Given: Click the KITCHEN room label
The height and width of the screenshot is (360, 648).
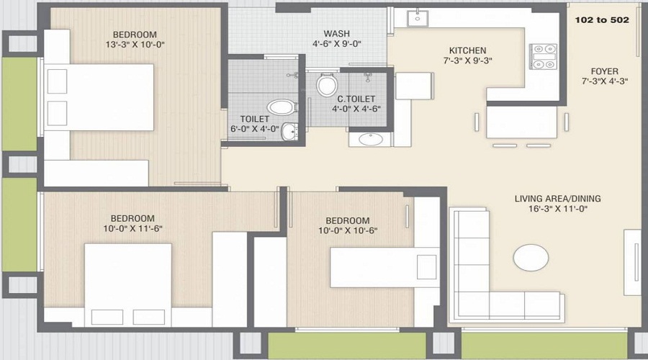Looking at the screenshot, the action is [467, 50].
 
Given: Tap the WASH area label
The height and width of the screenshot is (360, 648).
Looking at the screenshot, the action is [337, 33].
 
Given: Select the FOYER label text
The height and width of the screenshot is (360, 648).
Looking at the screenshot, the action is [605, 71].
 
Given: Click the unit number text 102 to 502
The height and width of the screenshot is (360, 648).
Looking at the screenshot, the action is [602, 20].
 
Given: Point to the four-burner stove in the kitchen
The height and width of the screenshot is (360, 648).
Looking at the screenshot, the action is [544, 56].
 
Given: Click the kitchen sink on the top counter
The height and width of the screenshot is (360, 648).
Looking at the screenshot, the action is [418, 18].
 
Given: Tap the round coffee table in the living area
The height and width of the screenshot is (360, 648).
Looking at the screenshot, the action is [531, 258].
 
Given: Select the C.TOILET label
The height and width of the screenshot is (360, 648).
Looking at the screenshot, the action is [356, 99].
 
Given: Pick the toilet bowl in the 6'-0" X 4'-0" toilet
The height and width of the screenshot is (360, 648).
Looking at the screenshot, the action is [282, 107].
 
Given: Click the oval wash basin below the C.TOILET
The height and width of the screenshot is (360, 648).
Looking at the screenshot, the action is [371, 139].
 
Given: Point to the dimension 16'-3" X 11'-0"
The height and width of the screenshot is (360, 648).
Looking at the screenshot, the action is [558, 209].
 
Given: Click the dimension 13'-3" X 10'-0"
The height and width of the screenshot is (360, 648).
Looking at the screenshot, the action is [135, 44].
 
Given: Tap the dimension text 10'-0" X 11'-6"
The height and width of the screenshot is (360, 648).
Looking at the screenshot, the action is [132, 228].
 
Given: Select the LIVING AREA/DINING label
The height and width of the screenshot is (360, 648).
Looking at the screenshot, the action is [557, 199].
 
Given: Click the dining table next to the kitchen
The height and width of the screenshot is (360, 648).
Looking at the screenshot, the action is [521, 122].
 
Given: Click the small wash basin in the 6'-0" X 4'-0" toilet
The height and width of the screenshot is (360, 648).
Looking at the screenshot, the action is [289, 132].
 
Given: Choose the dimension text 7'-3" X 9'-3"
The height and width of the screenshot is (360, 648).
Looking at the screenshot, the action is [467, 60].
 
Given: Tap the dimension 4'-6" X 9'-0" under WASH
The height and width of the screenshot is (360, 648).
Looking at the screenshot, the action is [337, 43].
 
